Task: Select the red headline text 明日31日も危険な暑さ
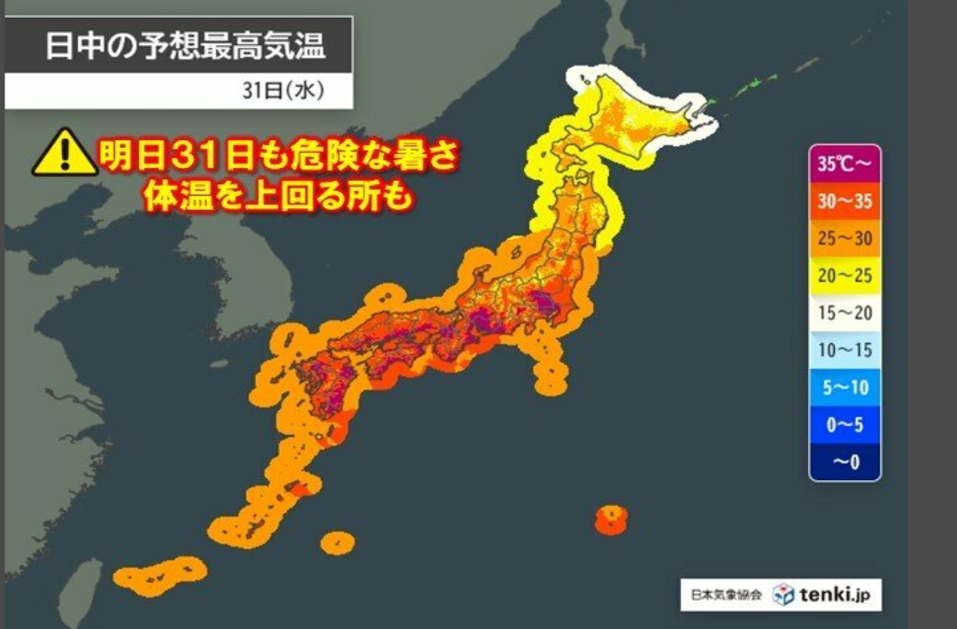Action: click(x=278, y=160)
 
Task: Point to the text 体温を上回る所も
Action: click(x=278, y=198)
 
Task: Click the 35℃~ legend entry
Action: click(x=845, y=164)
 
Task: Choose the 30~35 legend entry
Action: click(x=845, y=201)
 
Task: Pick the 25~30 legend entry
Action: click(x=845, y=238)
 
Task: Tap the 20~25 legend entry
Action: click(x=845, y=276)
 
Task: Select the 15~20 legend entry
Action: click(x=845, y=313)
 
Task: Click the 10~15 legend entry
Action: click(x=845, y=350)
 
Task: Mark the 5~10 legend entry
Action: click(x=845, y=387)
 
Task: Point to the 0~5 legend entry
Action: click(x=845, y=424)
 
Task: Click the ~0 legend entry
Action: click(x=845, y=462)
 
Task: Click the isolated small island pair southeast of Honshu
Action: click(x=611, y=519)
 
